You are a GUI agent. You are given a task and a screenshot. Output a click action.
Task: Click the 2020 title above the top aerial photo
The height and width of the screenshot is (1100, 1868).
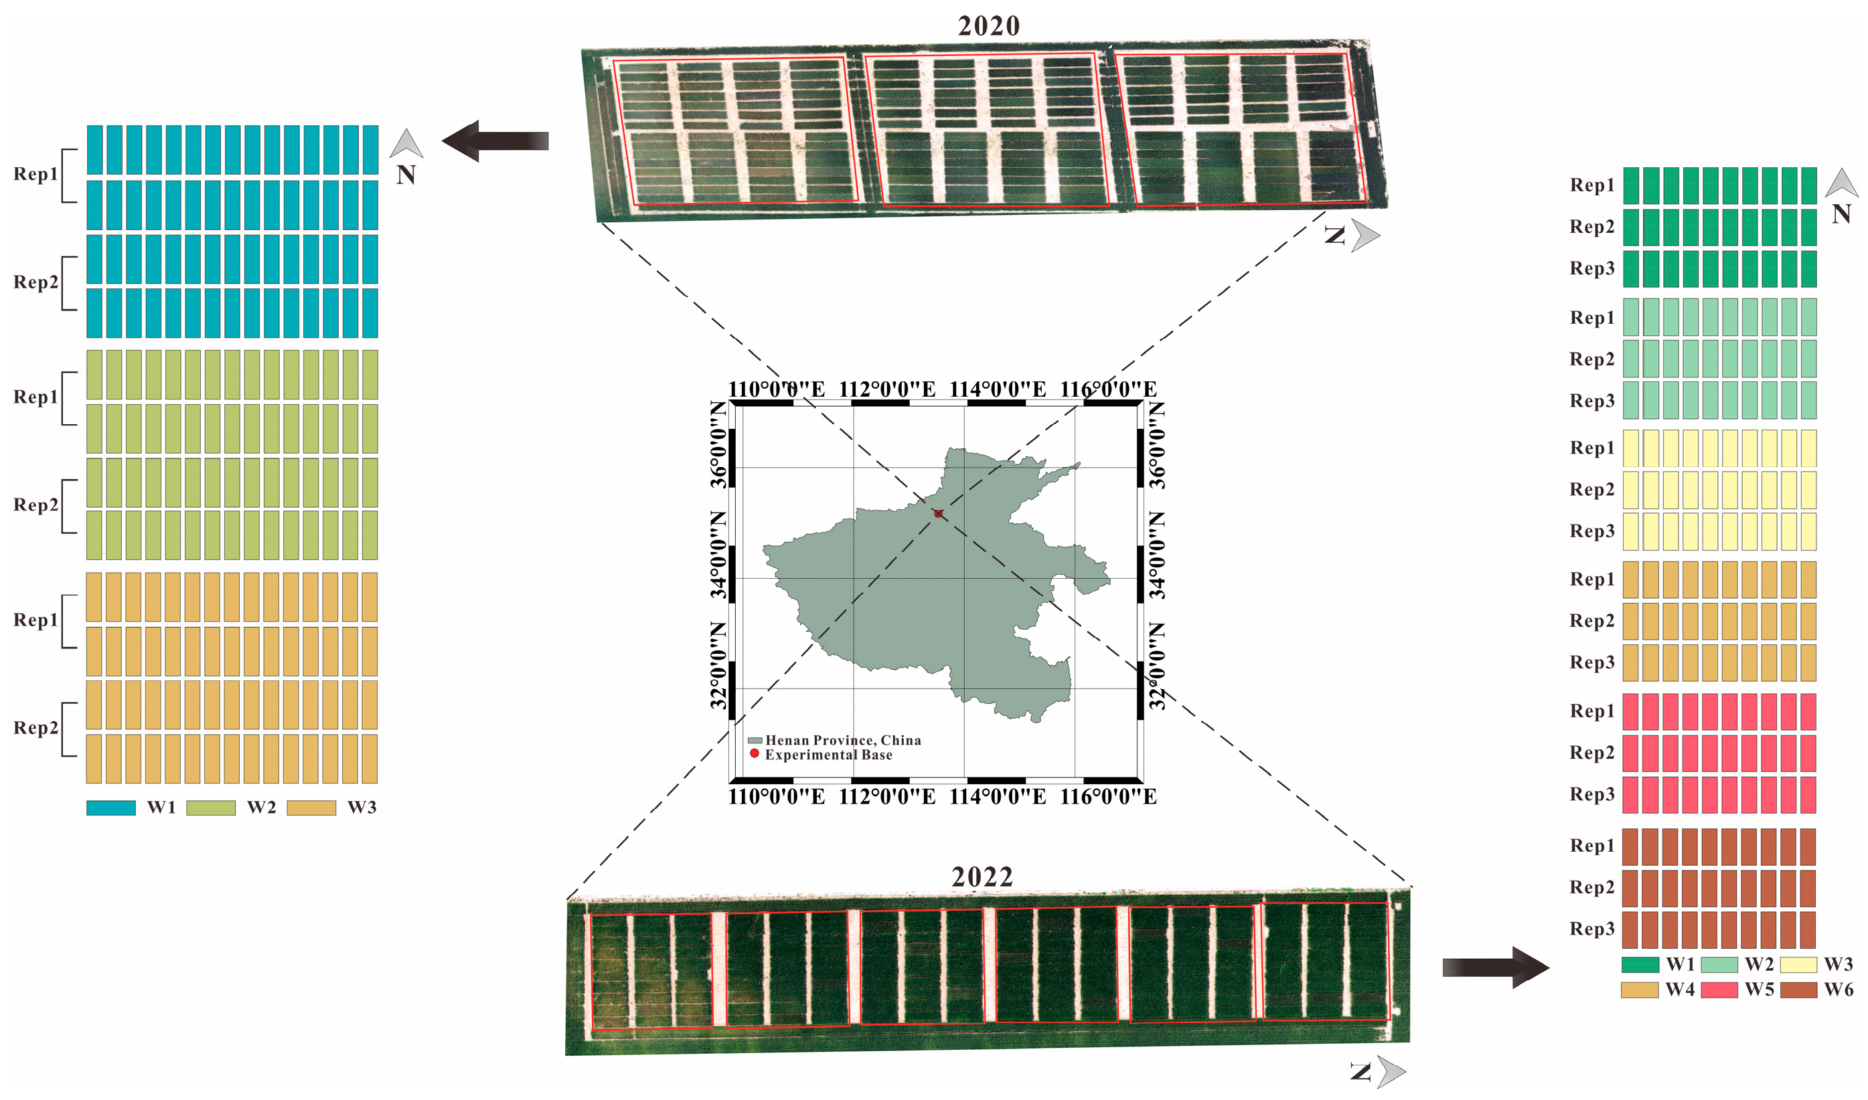(x=988, y=26)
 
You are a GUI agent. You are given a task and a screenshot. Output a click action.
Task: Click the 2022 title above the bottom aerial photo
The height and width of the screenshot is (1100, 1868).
(x=982, y=877)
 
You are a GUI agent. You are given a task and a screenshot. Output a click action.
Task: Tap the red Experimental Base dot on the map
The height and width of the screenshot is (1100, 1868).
(x=938, y=513)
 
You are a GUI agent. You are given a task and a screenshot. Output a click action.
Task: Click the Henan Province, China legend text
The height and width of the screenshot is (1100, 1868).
(x=842, y=740)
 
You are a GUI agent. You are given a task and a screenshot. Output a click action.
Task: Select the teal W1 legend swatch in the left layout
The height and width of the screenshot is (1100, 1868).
(x=110, y=807)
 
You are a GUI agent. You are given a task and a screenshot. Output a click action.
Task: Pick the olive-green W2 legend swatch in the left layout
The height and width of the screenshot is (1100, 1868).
(x=211, y=807)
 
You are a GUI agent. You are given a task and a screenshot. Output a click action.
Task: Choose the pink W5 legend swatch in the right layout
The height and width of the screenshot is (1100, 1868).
(x=1718, y=990)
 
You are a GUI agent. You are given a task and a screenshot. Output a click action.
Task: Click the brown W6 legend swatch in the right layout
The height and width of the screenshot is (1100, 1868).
(x=1798, y=990)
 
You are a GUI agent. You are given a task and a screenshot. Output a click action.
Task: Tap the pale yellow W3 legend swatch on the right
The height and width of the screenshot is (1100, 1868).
(x=1798, y=964)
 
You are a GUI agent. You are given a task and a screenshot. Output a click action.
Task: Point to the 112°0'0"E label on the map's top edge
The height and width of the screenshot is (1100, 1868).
(x=887, y=389)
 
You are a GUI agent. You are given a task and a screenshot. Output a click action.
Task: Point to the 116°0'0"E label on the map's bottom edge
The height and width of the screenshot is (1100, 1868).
(x=1108, y=797)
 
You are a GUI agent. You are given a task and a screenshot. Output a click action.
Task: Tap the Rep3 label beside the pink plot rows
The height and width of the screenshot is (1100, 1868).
(x=1591, y=794)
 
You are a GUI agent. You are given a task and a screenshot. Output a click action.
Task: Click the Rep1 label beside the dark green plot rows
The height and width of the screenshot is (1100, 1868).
(x=1591, y=185)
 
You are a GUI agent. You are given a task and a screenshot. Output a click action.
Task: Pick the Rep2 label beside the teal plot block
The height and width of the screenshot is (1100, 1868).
(x=35, y=282)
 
